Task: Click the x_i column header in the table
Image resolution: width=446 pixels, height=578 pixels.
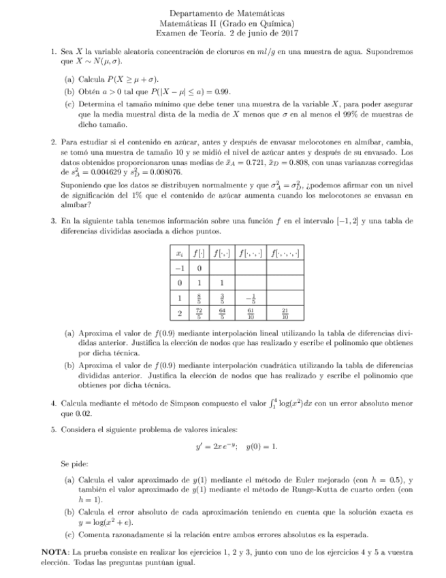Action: [178, 252]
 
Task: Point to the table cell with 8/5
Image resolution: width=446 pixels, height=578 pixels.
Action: [199, 298]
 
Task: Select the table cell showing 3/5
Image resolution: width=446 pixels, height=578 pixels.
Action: [221, 298]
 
